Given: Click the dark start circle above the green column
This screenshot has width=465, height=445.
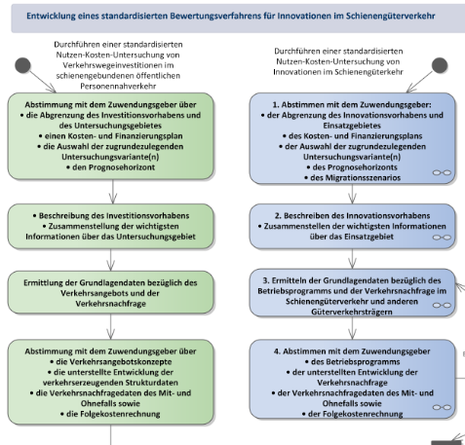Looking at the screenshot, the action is [x=22, y=65].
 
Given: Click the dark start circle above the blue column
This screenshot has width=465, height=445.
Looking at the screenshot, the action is [x=440, y=65].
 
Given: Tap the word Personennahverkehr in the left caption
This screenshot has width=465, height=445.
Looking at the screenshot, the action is [x=118, y=86].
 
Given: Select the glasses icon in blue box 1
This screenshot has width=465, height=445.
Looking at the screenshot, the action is [x=442, y=172].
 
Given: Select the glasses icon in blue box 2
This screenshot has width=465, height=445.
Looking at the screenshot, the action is [x=442, y=238].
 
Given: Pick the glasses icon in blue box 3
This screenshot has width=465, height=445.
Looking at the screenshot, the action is [x=442, y=305].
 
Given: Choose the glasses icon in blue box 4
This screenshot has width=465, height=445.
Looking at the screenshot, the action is [x=442, y=407].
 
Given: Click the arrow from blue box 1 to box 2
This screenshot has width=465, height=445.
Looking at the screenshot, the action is [x=353, y=194].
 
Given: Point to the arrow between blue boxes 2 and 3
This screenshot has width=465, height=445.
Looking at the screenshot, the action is [x=353, y=259].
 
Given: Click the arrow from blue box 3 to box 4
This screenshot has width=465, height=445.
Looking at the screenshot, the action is [x=353, y=328].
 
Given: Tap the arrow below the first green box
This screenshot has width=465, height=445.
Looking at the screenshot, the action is [x=113, y=192].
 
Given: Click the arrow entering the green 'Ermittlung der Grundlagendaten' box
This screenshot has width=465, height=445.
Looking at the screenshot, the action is [x=111, y=260].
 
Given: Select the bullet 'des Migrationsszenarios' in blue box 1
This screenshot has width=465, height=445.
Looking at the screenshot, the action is [x=353, y=178].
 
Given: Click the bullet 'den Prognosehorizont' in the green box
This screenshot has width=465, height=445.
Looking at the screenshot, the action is [x=110, y=167].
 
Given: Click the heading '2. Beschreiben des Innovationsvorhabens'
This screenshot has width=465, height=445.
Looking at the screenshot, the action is [x=352, y=216].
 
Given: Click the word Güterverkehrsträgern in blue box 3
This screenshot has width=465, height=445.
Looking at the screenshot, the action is [x=352, y=312].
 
